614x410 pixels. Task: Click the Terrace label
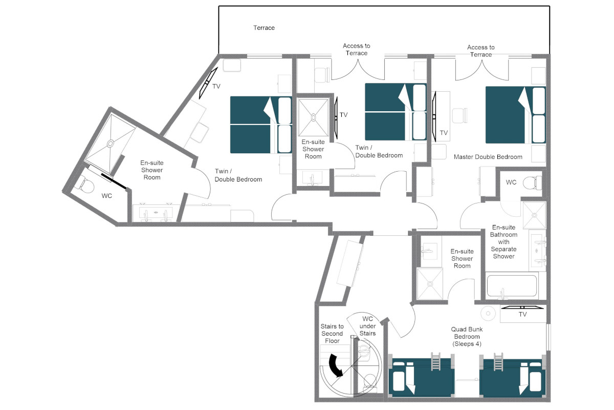tap(264, 28)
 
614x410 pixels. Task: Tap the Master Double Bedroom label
tap(488, 157)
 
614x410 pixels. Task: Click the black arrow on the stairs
tap(336, 365)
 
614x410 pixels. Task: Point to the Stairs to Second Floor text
tap(332, 334)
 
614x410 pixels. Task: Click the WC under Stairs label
tap(367, 326)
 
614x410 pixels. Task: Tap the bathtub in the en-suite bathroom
tap(512, 286)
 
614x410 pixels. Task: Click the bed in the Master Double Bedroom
tap(516, 115)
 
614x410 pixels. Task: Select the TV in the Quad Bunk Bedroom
tap(522, 307)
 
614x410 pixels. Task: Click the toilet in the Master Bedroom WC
tap(532, 182)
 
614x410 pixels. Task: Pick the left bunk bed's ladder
tap(435, 361)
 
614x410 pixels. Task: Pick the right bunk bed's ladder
tap(498, 362)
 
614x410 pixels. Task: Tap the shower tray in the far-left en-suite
tap(110, 143)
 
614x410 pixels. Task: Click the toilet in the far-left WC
tap(85, 186)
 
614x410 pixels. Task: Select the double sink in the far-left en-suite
tap(156, 213)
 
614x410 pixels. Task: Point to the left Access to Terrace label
tap(356, 49)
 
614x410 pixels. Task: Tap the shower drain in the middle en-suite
tap(313, 118)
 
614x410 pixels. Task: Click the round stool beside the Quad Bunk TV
tap(488, 313)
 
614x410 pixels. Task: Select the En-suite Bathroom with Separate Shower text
tap(503, 242)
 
